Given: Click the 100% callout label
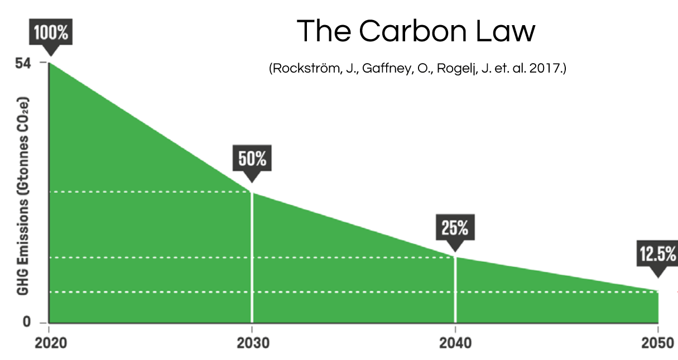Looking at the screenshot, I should [51, 33].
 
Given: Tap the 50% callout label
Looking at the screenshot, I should [252, 159].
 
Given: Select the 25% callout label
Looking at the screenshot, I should [455, 228].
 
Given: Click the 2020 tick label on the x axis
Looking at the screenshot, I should [51, 342].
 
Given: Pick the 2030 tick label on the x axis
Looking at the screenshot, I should [252, 342].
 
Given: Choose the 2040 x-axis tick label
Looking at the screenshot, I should [455, 342].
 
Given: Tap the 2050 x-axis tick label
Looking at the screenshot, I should [658, 342].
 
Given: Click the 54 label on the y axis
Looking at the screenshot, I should [23, 63].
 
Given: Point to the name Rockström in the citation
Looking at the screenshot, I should [302, 69].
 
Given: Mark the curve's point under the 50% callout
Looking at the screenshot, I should [252, 192].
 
